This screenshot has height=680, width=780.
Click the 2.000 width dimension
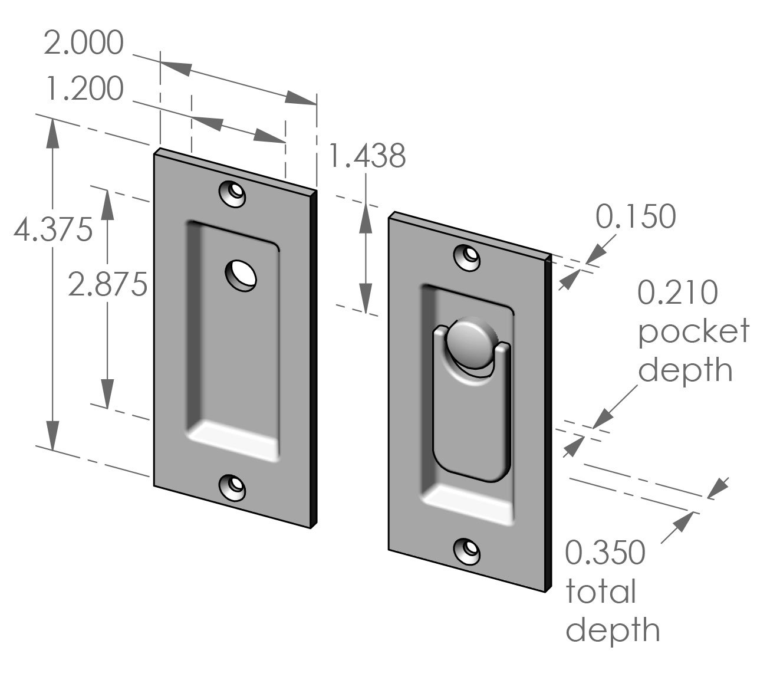(84, 44)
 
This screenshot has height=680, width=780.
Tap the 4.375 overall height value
(53, 229)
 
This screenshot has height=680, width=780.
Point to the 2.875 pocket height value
(107, 285)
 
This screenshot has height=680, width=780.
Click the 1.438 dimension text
(367, 156)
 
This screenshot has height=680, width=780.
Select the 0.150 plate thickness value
(636, 217)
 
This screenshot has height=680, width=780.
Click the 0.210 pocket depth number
(678, 293)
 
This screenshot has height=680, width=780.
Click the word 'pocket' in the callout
(693, 331)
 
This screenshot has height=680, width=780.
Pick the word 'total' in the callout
(601, 592)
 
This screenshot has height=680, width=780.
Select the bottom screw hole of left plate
(233, 486)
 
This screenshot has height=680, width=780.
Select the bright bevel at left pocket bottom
(233, 439)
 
